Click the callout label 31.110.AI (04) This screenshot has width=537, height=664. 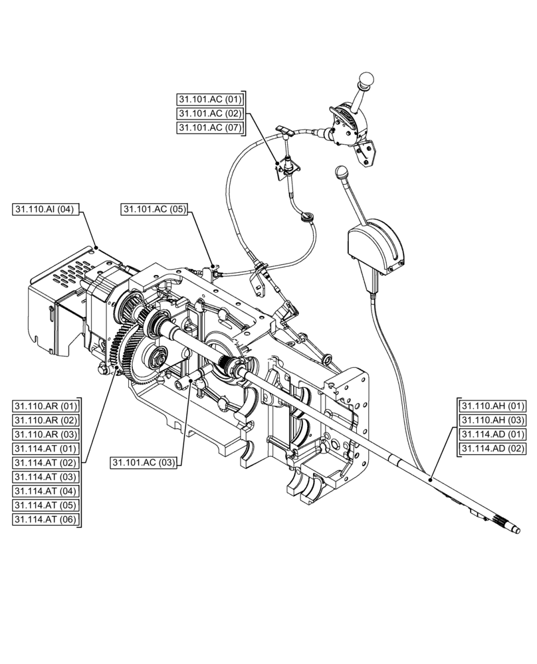[45, 209]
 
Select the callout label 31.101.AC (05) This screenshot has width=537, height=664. [154, 209]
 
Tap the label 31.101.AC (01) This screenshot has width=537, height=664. [210, 99]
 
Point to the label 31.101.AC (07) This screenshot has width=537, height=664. [210, 127]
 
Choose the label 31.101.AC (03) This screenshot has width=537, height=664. [144, 463]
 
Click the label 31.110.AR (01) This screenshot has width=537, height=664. [45, 406]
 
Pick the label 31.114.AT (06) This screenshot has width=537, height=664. [45, 520]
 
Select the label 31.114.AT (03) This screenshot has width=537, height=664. [45, 477]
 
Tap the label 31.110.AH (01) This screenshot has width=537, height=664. [493, 406]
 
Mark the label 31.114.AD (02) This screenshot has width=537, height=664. [493, 449]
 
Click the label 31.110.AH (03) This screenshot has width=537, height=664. [493, 420]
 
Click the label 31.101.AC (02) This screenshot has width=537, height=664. [210, 113]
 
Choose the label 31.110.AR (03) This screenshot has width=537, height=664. [45, 434]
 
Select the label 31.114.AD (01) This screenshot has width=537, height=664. [493, 434]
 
